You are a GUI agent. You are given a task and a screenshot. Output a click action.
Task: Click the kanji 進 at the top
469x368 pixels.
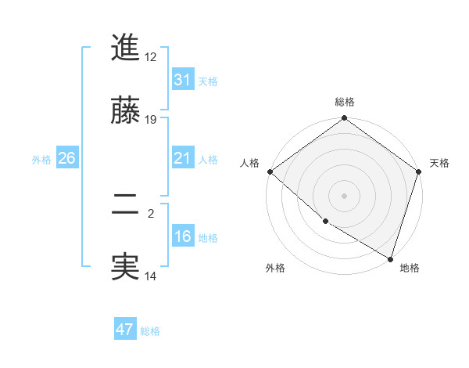(126, 49)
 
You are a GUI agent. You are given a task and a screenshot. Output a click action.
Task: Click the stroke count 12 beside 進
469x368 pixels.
(151, 57)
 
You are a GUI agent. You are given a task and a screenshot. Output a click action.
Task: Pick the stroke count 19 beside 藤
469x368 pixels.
(151, 120)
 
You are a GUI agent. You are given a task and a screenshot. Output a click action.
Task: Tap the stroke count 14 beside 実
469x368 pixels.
(151, 276)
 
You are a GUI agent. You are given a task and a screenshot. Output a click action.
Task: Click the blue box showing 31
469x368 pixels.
(182, 79)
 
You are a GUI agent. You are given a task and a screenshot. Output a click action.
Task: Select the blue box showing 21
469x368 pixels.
(182, 158)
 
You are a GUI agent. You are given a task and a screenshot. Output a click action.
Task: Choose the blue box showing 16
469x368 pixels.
(182, 236)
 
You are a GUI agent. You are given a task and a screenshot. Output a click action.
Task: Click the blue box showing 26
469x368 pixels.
(66, 158)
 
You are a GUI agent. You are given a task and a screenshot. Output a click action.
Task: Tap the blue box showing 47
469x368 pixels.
(125, 330)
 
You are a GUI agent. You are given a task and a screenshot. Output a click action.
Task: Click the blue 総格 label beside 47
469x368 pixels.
(150, 331)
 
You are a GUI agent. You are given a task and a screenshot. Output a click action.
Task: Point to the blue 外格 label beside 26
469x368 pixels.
(41, 159)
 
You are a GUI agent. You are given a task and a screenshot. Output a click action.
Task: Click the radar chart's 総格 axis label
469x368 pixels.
(345, 102)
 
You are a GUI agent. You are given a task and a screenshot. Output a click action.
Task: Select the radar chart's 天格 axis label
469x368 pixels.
(439, 163)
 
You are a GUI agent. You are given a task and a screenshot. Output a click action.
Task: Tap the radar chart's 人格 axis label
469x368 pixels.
(249, 163)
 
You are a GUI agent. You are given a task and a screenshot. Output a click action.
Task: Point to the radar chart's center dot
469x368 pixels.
(345, 195)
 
